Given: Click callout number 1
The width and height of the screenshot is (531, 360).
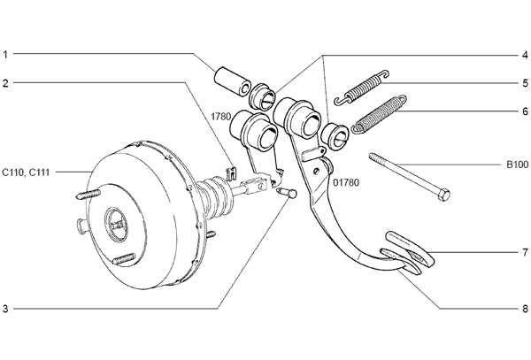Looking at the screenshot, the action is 5,55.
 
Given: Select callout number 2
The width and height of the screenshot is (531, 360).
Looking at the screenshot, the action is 5,83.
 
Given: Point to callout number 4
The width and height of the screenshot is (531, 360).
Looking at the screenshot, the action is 525,55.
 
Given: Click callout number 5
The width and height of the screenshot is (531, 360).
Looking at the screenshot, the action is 525,83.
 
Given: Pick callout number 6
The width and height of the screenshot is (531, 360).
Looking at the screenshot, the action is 525,111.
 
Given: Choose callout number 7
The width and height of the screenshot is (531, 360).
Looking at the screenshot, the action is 525,252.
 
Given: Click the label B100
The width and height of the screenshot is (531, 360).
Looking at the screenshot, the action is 517,165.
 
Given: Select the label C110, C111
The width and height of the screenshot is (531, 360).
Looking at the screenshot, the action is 26,172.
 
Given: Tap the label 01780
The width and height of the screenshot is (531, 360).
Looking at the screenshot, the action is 346,183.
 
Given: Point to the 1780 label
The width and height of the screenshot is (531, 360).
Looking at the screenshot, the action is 220,117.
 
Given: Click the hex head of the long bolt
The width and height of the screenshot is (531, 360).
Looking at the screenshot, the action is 444,195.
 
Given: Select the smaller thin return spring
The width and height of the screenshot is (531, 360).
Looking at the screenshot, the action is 362,88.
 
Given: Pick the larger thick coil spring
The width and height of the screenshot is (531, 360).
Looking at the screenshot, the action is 379,114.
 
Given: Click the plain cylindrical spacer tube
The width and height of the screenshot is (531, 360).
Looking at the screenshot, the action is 232,82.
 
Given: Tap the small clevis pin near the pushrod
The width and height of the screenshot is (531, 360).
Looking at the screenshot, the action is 287,193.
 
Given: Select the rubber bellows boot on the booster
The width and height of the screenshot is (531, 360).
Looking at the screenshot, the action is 215,198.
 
